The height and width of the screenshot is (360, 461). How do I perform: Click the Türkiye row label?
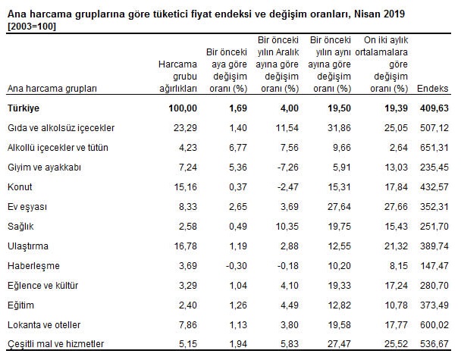pyautogui.click(x=24, y=108)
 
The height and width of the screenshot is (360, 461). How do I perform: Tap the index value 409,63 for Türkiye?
pyautogui.click(x=438, y=108)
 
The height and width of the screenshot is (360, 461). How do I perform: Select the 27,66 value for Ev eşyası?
pyautogui.click(x=390, y=207)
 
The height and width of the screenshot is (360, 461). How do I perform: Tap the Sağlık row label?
pyautogui.click(x=20, y=227)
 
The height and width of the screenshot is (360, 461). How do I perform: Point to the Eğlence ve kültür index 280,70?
pyautogui.click(x=438, y=286)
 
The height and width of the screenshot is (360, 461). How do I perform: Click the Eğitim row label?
pyautogui.click(x=20, y=305)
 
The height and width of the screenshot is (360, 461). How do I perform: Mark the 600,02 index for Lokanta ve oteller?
pyautogui.click(x=438, y=325)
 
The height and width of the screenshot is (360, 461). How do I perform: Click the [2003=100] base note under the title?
pyautogui.click(x=32, y=27)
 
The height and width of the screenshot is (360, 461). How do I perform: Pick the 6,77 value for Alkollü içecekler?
pyautogui.click(x=232, y=148)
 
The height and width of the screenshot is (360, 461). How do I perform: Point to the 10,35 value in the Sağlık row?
pyautogui.click(x=281, y=227)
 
